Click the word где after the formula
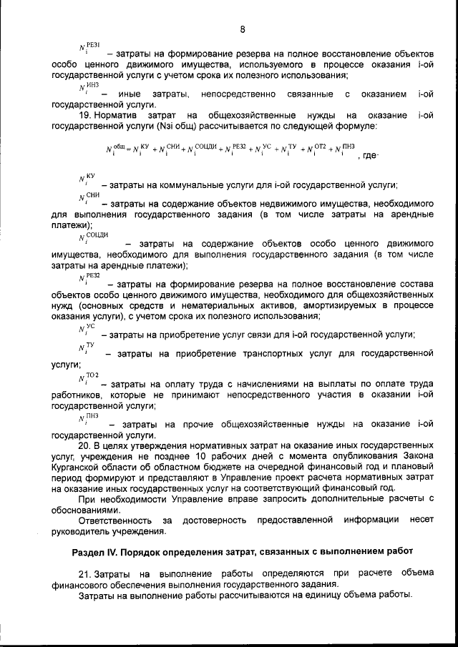pos(369,155)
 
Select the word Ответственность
pos(114,519)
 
